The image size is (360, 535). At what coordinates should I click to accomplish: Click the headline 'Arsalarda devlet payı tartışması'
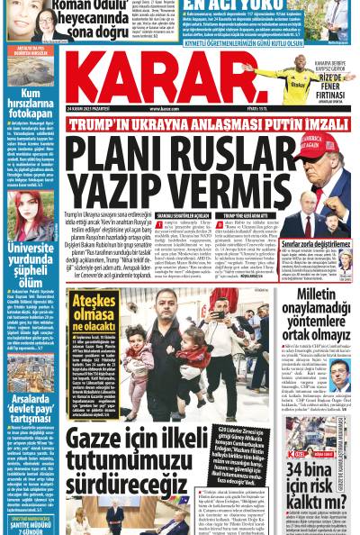[31, 387]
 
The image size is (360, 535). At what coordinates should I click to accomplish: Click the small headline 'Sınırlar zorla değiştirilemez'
[319, 242]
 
